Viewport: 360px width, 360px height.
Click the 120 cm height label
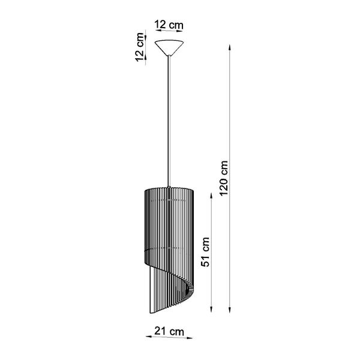(224, 181)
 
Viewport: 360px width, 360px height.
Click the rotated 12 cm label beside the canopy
(140, 47)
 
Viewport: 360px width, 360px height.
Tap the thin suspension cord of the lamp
(169, 120)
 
